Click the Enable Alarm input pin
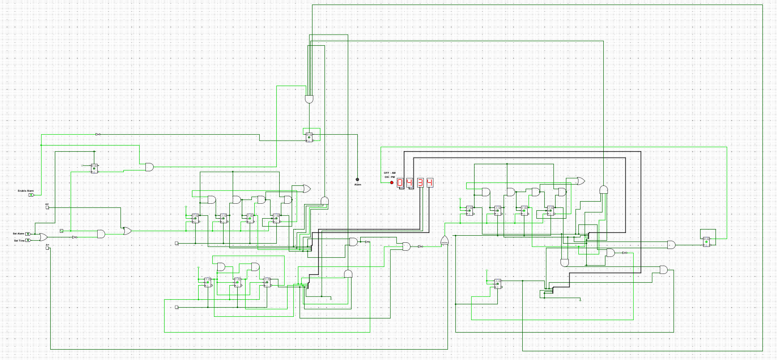(31, 195)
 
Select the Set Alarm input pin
(28, 234)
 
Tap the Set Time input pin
(28, 240)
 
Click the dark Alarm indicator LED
(357, 180)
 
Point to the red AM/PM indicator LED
(391, 182)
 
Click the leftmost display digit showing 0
(400, 182)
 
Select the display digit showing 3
(420, 182)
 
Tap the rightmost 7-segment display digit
(430, 182)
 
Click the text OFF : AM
(389, 173)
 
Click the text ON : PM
(390, 177)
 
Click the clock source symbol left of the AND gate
(61, 231)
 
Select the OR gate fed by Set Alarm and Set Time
(43, 237)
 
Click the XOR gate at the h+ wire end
(445, 240)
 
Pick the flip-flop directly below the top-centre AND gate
(310, 137)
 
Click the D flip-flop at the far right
(706, 242)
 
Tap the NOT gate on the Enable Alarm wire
(98, 134)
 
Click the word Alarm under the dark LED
(358, 185)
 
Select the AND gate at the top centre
(309, 99)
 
